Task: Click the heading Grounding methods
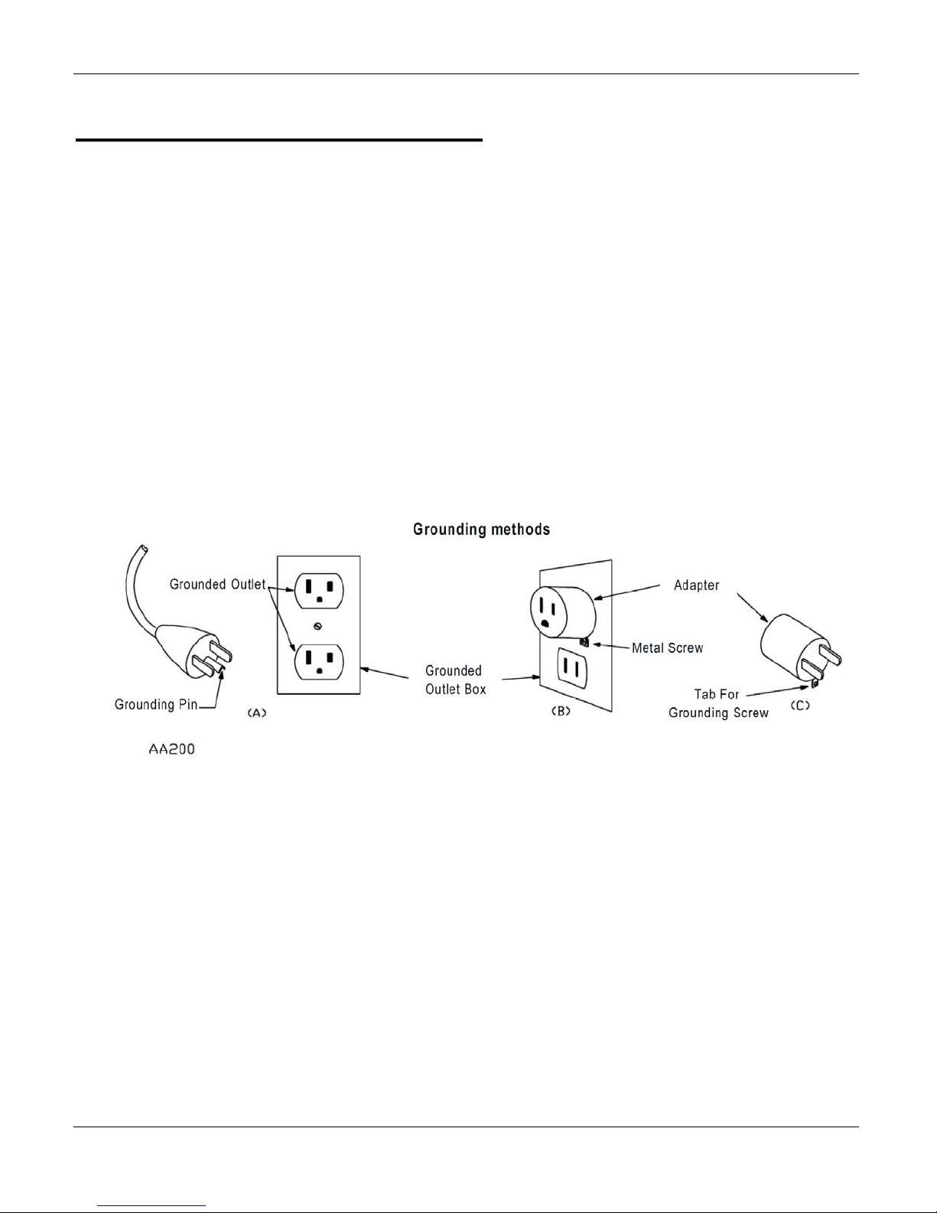click(x=481, y=529)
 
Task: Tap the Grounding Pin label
click(x=155, y=704)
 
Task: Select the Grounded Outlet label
click(x=217, y=585)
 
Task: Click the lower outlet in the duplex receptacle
click(x=319, y=661)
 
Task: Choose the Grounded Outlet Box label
click(x=454, y=680)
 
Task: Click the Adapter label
click(x=696, y=585)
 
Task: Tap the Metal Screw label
click(x=667, y=648)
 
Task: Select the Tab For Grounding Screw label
click(x=717, y=703)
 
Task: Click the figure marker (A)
click(x=255, y=712)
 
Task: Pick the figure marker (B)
click(x=561, y=711)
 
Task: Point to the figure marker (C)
click(x=799, y=706)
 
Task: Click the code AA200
click(x=171, y=749)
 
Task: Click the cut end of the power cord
click(x=140, y=550)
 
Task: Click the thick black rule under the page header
click(x=279, y=140)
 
